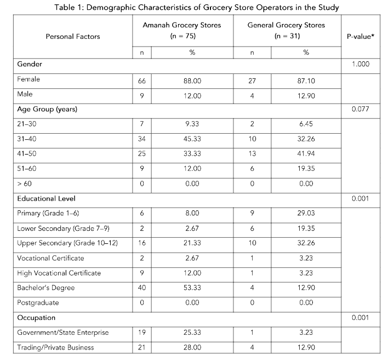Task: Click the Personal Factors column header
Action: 72,37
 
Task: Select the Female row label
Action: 28,79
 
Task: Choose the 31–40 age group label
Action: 27,139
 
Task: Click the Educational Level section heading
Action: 46,198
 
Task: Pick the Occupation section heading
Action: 37,317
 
